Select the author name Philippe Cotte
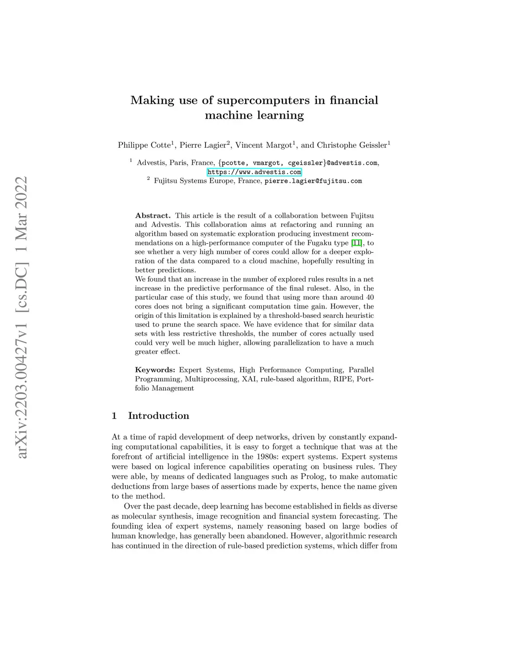click(x=144, y=145)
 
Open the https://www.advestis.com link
click(x=254, y=172)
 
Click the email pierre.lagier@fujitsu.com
click(x=313, y=181)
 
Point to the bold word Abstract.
click(x=153, y=216)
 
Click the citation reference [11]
click(x=356, y=243)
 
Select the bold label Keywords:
click(x=155, y=370)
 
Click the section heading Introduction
click(x=158, y=416)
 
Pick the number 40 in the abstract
click(x=369, y=297)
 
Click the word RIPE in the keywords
click(x=342, y=379)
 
